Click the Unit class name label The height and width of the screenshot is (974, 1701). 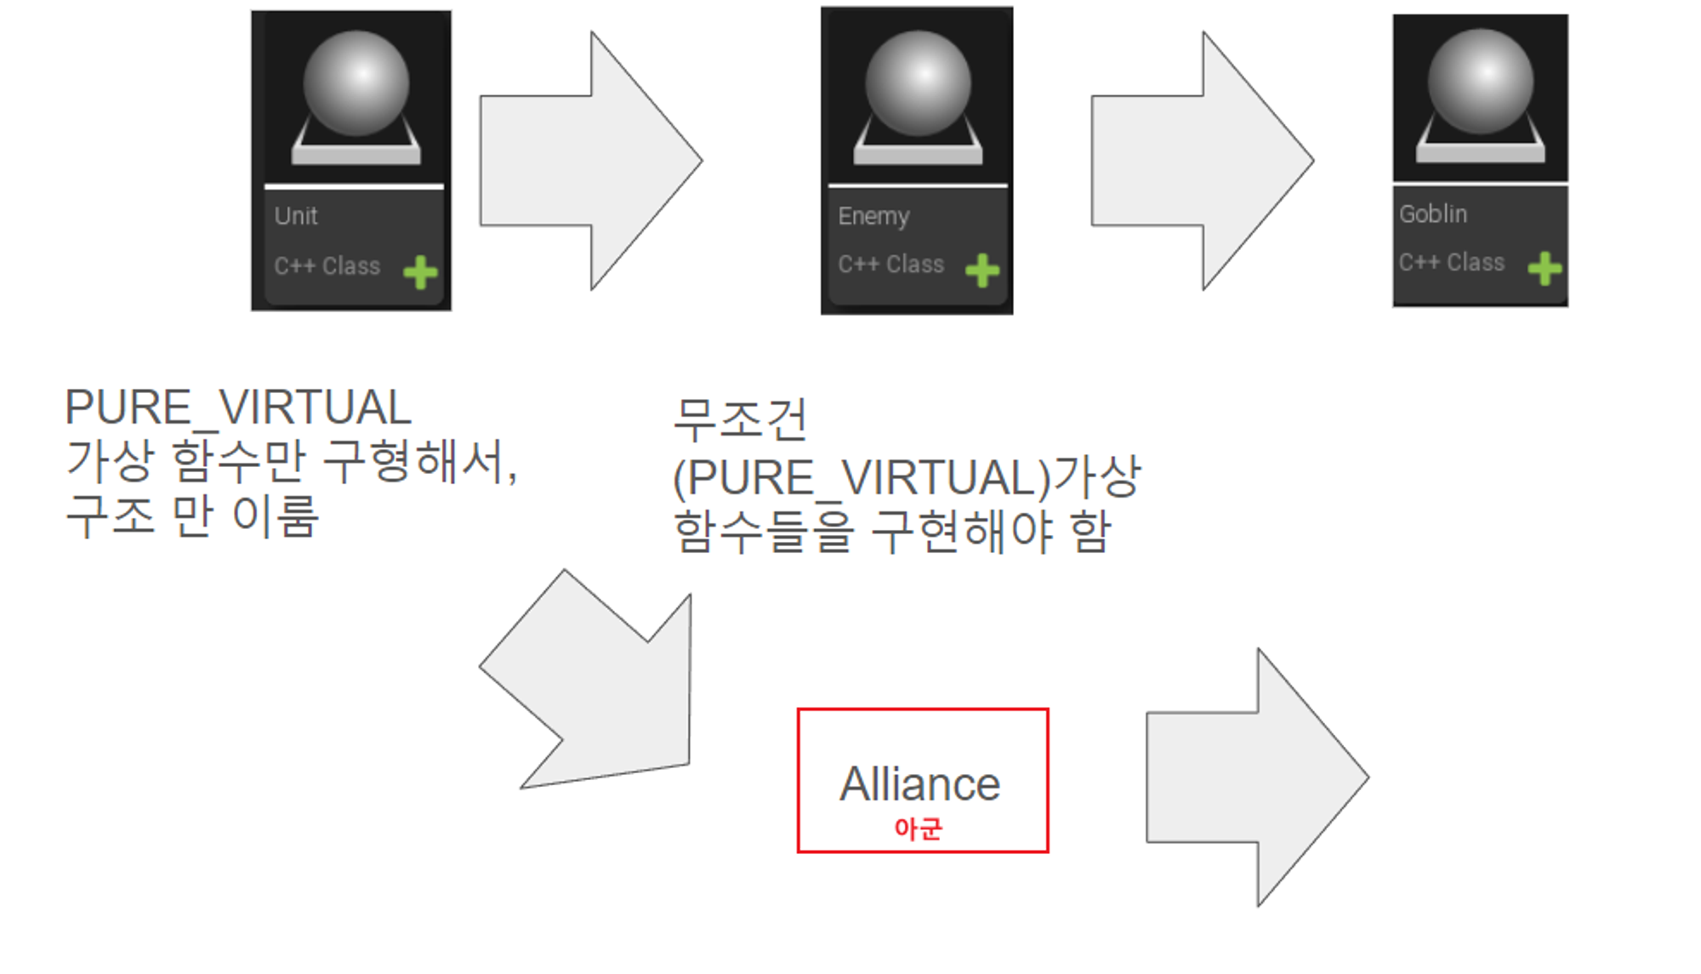(296, 216)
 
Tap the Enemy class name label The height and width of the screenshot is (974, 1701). (873, 216)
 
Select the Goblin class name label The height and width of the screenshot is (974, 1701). (1433, 214)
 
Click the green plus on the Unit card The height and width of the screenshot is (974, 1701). (420, 272)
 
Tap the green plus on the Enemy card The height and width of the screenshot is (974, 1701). (982, 271)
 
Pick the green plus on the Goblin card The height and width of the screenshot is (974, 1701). (1545, 269)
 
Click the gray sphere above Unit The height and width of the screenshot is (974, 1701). (356, 83)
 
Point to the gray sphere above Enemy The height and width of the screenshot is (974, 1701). (918, 83)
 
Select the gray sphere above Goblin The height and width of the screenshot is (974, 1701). (1480, 82)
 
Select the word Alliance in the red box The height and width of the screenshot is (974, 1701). (920, 783)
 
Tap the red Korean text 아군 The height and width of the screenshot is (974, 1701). (919, 828)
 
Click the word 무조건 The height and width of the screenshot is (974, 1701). (740, 419)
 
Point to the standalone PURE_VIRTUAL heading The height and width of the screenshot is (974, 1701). (238, 407)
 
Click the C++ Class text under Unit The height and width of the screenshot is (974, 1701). (327, 266)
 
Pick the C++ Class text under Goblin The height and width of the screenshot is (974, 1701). (1452, 263)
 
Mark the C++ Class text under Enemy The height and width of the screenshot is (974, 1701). (890, 265)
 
